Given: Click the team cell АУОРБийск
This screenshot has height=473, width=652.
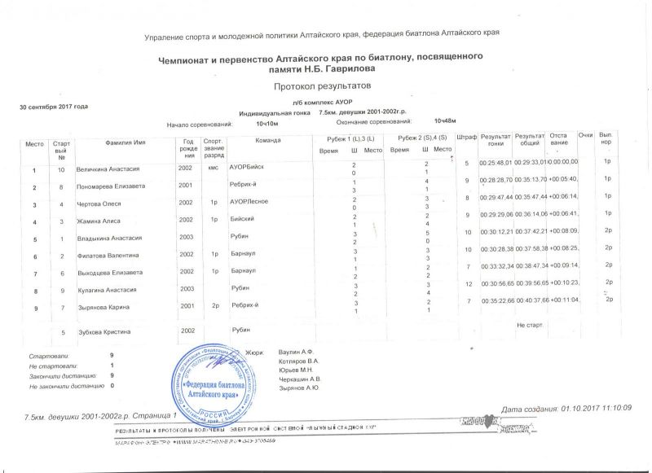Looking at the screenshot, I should [247, 166].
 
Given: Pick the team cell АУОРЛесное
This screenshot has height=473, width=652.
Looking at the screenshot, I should [249, 200].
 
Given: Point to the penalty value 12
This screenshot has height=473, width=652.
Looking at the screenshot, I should [468, 283].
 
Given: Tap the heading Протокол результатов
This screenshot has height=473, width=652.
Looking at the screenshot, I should [322, 85].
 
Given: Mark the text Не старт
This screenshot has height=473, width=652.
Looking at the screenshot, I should [530, 325].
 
